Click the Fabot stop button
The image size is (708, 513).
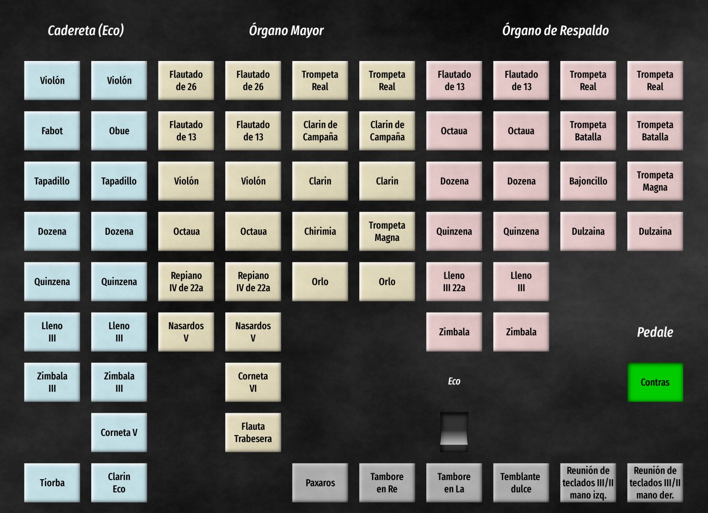(52, 130)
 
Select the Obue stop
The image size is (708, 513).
(119, 130)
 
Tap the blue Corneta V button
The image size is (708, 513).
(119, 432)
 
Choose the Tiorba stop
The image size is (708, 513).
(52, 483)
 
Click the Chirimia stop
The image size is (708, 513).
(320, 231)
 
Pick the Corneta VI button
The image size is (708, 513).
(253, 382)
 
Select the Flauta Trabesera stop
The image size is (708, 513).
(253, 432)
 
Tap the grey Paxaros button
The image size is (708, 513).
(320, 483)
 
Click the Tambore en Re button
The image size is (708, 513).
(387, 483)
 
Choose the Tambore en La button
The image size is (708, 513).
(454, 483)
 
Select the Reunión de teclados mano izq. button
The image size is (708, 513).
(588, 483)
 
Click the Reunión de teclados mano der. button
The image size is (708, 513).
(655, 483)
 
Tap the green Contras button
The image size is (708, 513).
(655, 382)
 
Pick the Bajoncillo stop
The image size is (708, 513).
(588, 181)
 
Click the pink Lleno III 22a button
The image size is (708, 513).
(454, 281)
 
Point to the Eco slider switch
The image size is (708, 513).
(454, 432)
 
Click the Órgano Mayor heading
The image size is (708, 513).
(286, 30)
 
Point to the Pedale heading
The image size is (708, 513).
(655, 332)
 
